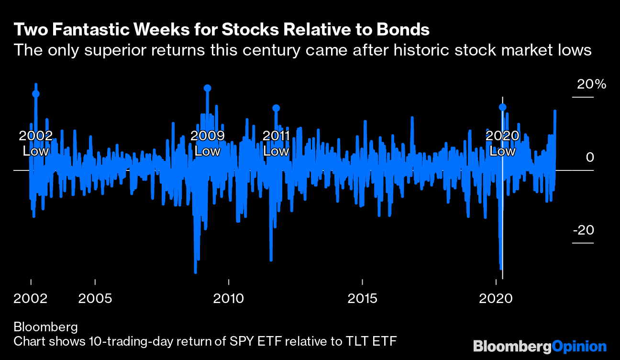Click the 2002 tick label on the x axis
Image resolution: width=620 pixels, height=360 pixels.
tap(31, 299)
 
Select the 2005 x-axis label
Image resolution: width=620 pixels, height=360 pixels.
tap(95, 299)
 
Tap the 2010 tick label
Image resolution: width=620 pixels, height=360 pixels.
tap(229, 299)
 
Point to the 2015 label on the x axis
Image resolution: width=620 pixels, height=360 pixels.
tap(362, 299)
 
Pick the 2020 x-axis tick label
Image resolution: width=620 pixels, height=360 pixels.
tap(496, 299)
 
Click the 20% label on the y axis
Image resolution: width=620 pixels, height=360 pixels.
tap(591, 85)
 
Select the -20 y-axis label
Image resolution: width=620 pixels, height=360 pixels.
tap(583, 230)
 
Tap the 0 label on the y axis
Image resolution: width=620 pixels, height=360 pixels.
tap(590, 157)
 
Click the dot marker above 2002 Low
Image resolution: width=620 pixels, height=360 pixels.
tap(35, 94)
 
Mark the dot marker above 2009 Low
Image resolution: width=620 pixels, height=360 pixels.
tap(207, 88)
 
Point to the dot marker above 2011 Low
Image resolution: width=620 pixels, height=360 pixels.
tap(276, 108)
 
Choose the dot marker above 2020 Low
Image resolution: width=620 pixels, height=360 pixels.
tap(502, 108)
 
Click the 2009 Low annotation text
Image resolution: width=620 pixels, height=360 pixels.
tap(208, 144)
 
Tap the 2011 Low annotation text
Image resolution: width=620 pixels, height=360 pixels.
tap(277, 144)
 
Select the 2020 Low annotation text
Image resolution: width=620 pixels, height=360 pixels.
tap(502, 144)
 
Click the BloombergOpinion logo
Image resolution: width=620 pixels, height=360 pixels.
tap(540, 346)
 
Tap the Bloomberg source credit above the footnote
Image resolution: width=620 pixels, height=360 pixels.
tap(45, 327)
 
